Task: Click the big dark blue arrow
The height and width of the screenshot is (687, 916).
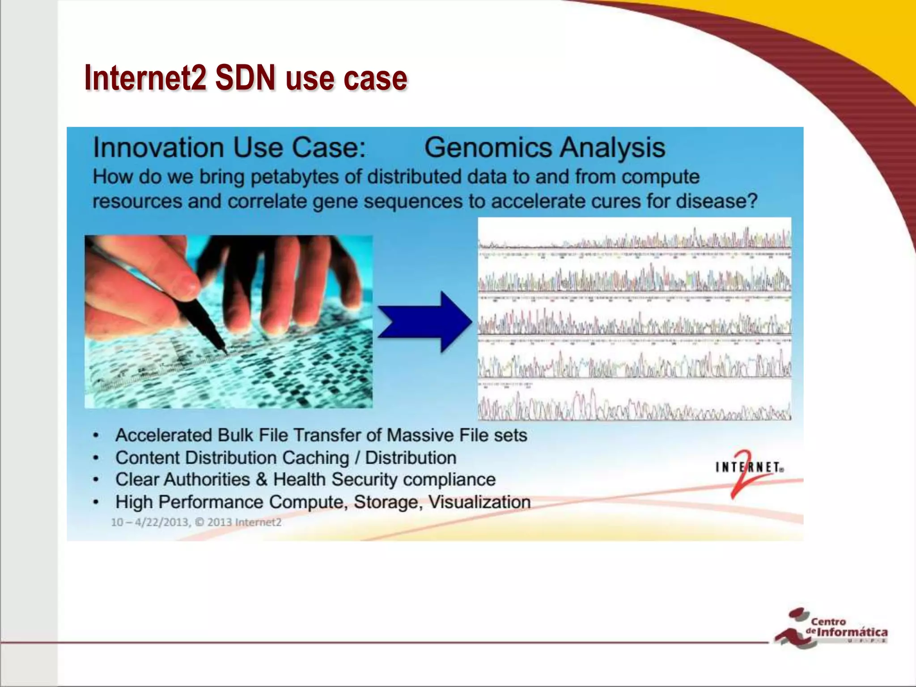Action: point(425,322)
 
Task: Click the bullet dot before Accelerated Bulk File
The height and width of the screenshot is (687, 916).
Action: point(96,436)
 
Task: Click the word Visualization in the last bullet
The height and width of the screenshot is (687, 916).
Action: point(479,502)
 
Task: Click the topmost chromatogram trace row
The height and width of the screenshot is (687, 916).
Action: point(634,239)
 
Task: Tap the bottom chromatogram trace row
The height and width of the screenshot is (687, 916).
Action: point(634,405)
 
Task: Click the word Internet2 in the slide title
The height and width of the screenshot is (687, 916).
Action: point(145,78)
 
